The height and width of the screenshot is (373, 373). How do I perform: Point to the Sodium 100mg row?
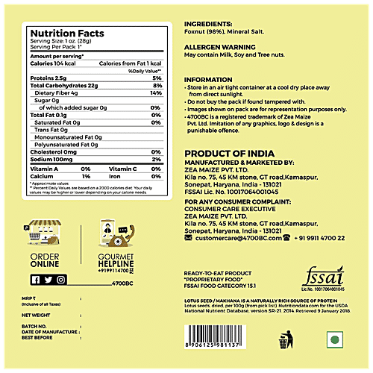(53, 160)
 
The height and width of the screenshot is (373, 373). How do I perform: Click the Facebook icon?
(36, 280)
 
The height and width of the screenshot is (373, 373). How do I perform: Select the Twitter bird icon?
(48, 280)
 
